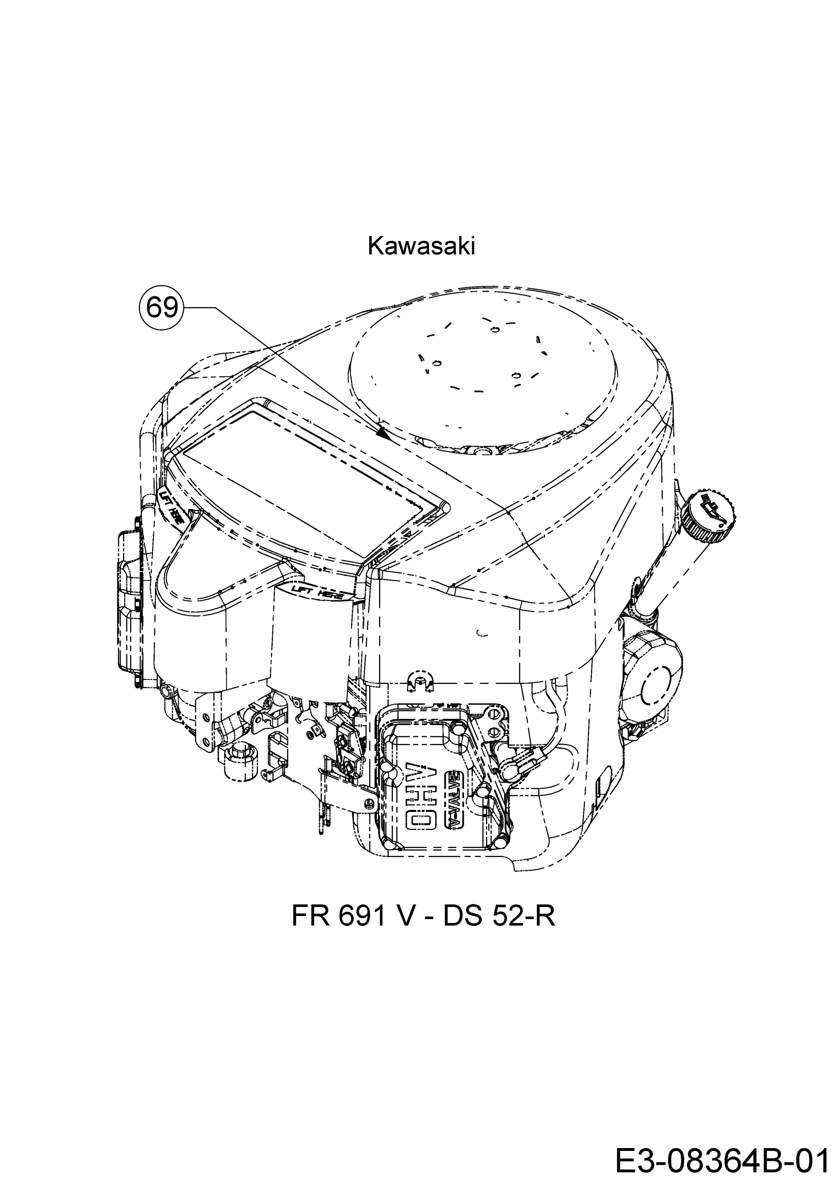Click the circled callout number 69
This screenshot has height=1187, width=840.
[162, 308]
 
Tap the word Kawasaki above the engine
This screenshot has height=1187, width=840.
[421, 247]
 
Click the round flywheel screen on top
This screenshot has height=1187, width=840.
[484, 369]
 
